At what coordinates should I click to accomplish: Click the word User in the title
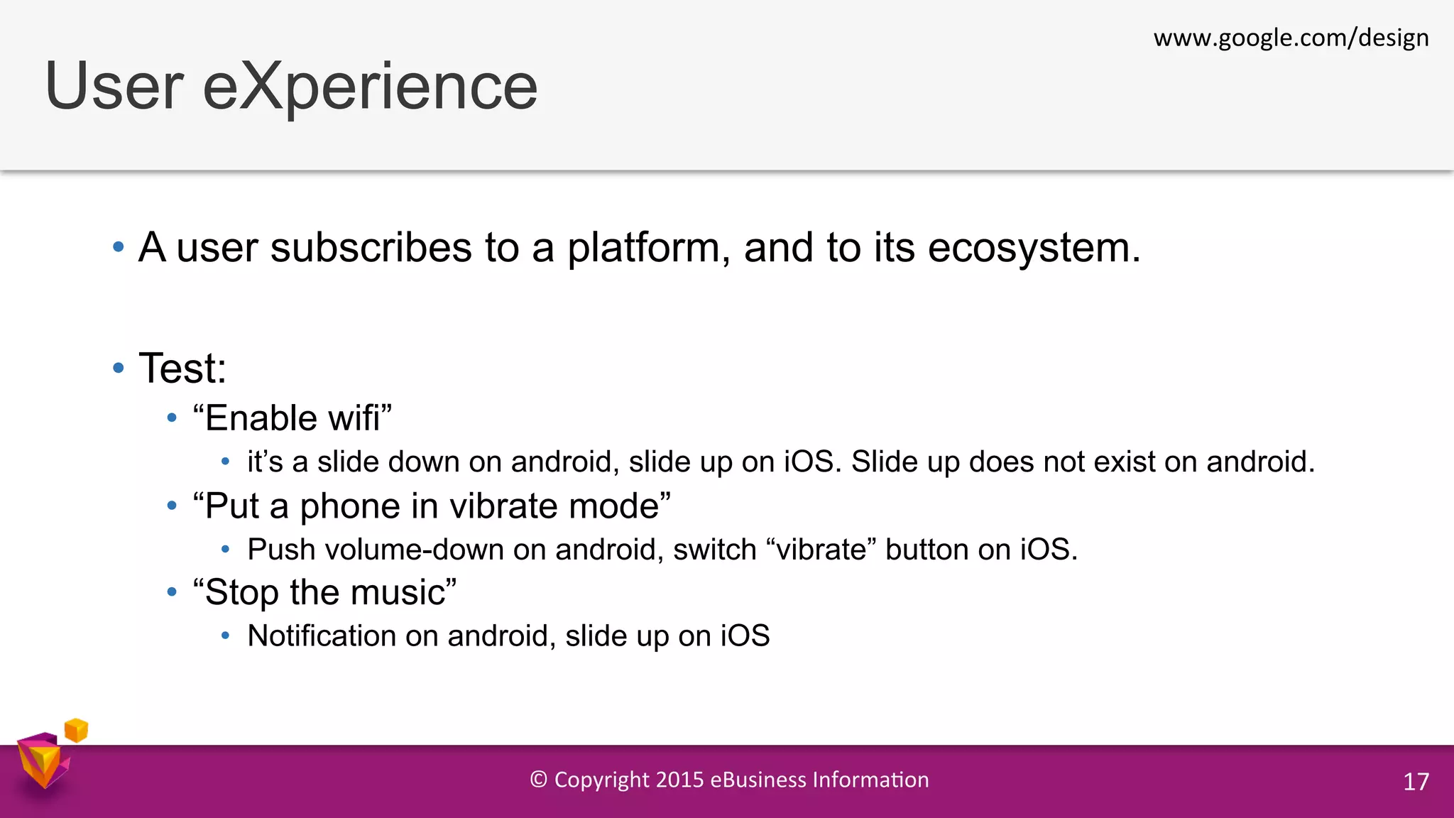[114, 87]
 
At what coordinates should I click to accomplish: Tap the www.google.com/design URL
[1291, 38]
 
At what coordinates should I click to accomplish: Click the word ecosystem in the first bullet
[1033, 249]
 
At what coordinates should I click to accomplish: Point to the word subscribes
[371, 248]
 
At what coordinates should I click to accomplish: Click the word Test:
[182, 369]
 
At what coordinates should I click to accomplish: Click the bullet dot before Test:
[119, 368]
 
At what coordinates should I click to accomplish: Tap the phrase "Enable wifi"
[292, 418]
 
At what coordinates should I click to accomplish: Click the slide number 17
[1416, 782]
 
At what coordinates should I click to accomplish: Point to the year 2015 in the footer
[679, 780]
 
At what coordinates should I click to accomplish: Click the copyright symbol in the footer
[539, 780]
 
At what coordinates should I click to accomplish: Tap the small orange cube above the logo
[76, 730]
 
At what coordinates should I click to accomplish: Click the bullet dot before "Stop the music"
[172, 591]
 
